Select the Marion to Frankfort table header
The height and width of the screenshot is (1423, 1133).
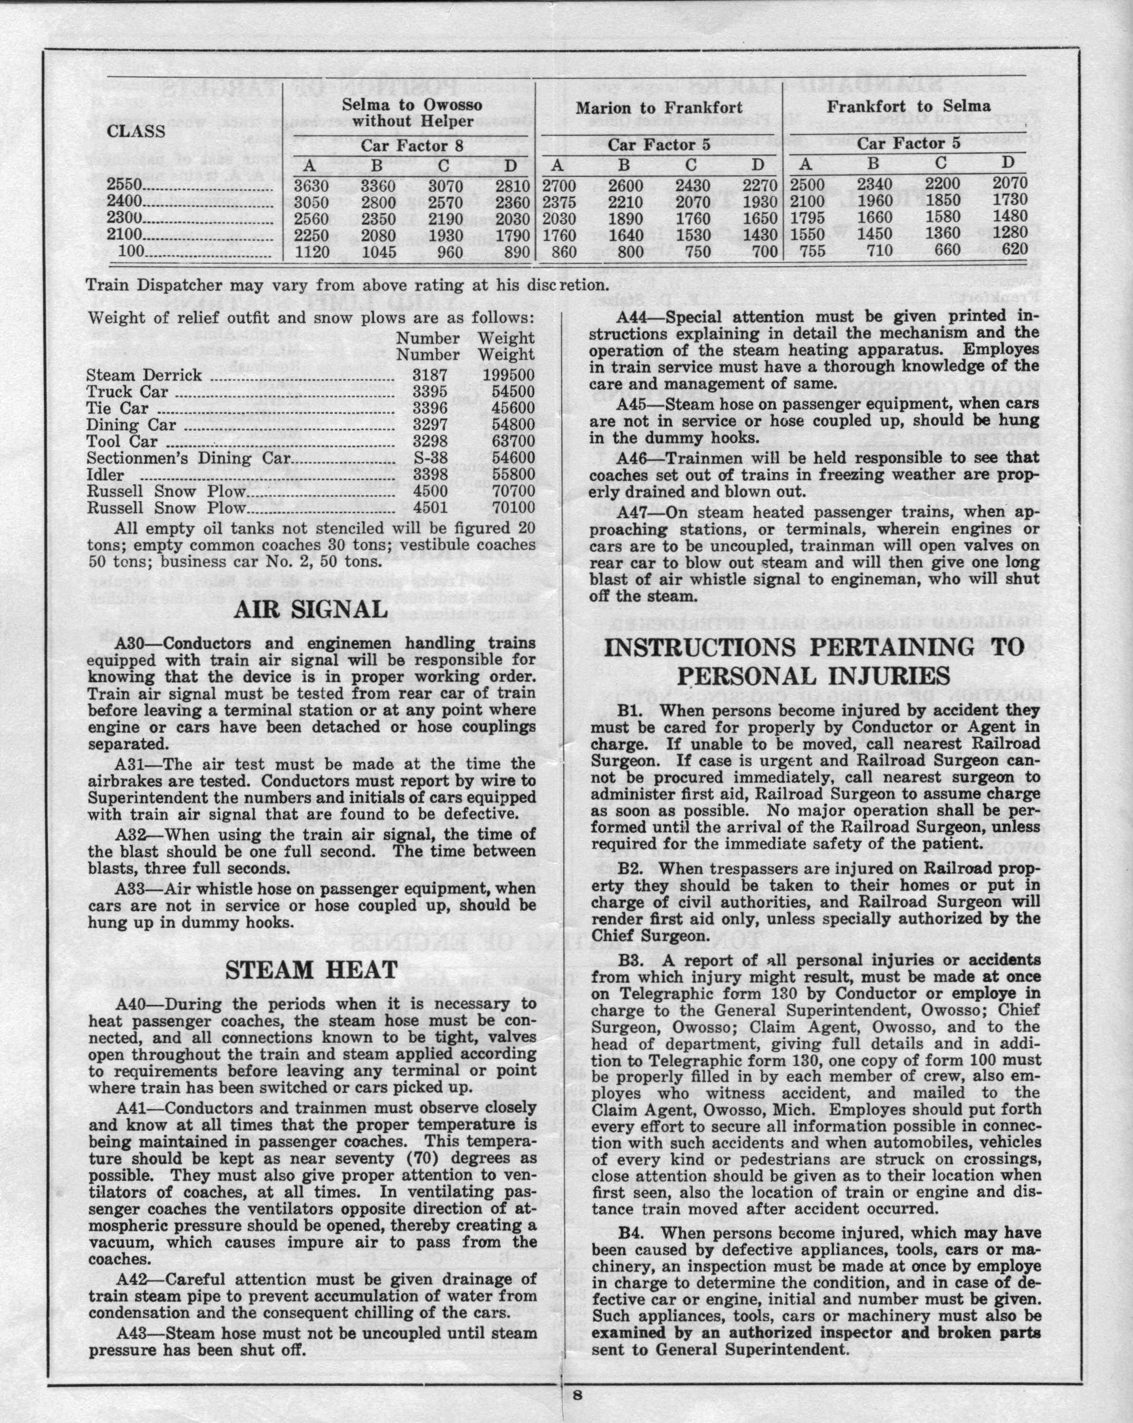(659, 107)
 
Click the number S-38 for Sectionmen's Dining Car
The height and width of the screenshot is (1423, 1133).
(430, 458)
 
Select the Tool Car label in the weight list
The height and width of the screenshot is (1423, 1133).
(122, 441)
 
